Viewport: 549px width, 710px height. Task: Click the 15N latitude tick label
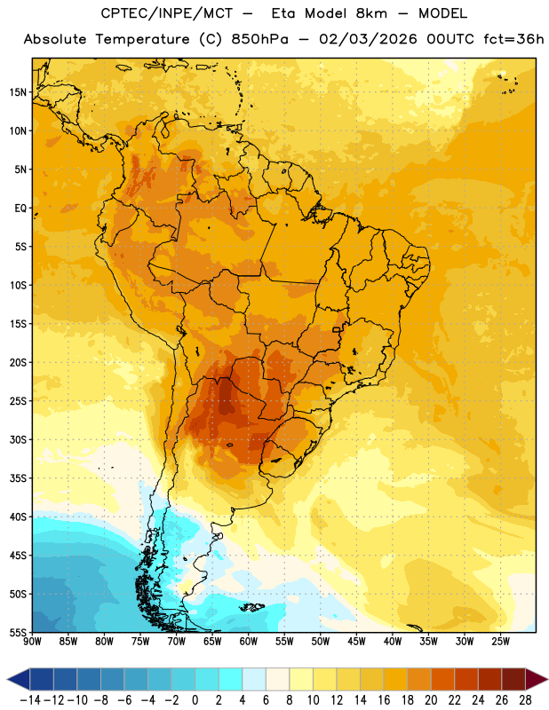[x=18, y=92]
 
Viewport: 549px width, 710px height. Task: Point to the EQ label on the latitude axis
[x=20, y=209]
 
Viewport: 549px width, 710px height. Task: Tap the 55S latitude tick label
[x=18, y=632]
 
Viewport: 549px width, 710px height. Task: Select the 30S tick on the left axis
[x=18, y=439]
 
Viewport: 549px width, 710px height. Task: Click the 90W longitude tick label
[x=32, y=642]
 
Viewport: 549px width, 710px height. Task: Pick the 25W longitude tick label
[x=500, y=642]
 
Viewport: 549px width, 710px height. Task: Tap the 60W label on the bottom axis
[x=249, y=642]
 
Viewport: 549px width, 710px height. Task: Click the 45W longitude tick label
[x=356, y=642]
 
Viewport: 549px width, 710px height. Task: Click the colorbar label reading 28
[x=525, y=700]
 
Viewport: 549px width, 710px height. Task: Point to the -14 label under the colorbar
[x=30, y=700]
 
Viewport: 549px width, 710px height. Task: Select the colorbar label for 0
[x=195, y=700]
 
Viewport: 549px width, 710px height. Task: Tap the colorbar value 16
[x=384, y=700]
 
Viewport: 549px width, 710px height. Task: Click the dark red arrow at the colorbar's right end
[x=536, y=679]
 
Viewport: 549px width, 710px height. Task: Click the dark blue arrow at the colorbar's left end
[x=19, y=679]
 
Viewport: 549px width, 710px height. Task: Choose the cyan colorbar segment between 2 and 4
[x=230, y=679]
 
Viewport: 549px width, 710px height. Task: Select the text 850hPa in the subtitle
[x=259, y=39]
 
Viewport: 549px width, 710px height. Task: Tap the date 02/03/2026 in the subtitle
[x=368, y=39]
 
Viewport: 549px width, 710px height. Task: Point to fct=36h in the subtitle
[x=513, y=39]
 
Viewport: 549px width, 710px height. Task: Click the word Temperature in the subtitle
[x=142, y=40]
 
